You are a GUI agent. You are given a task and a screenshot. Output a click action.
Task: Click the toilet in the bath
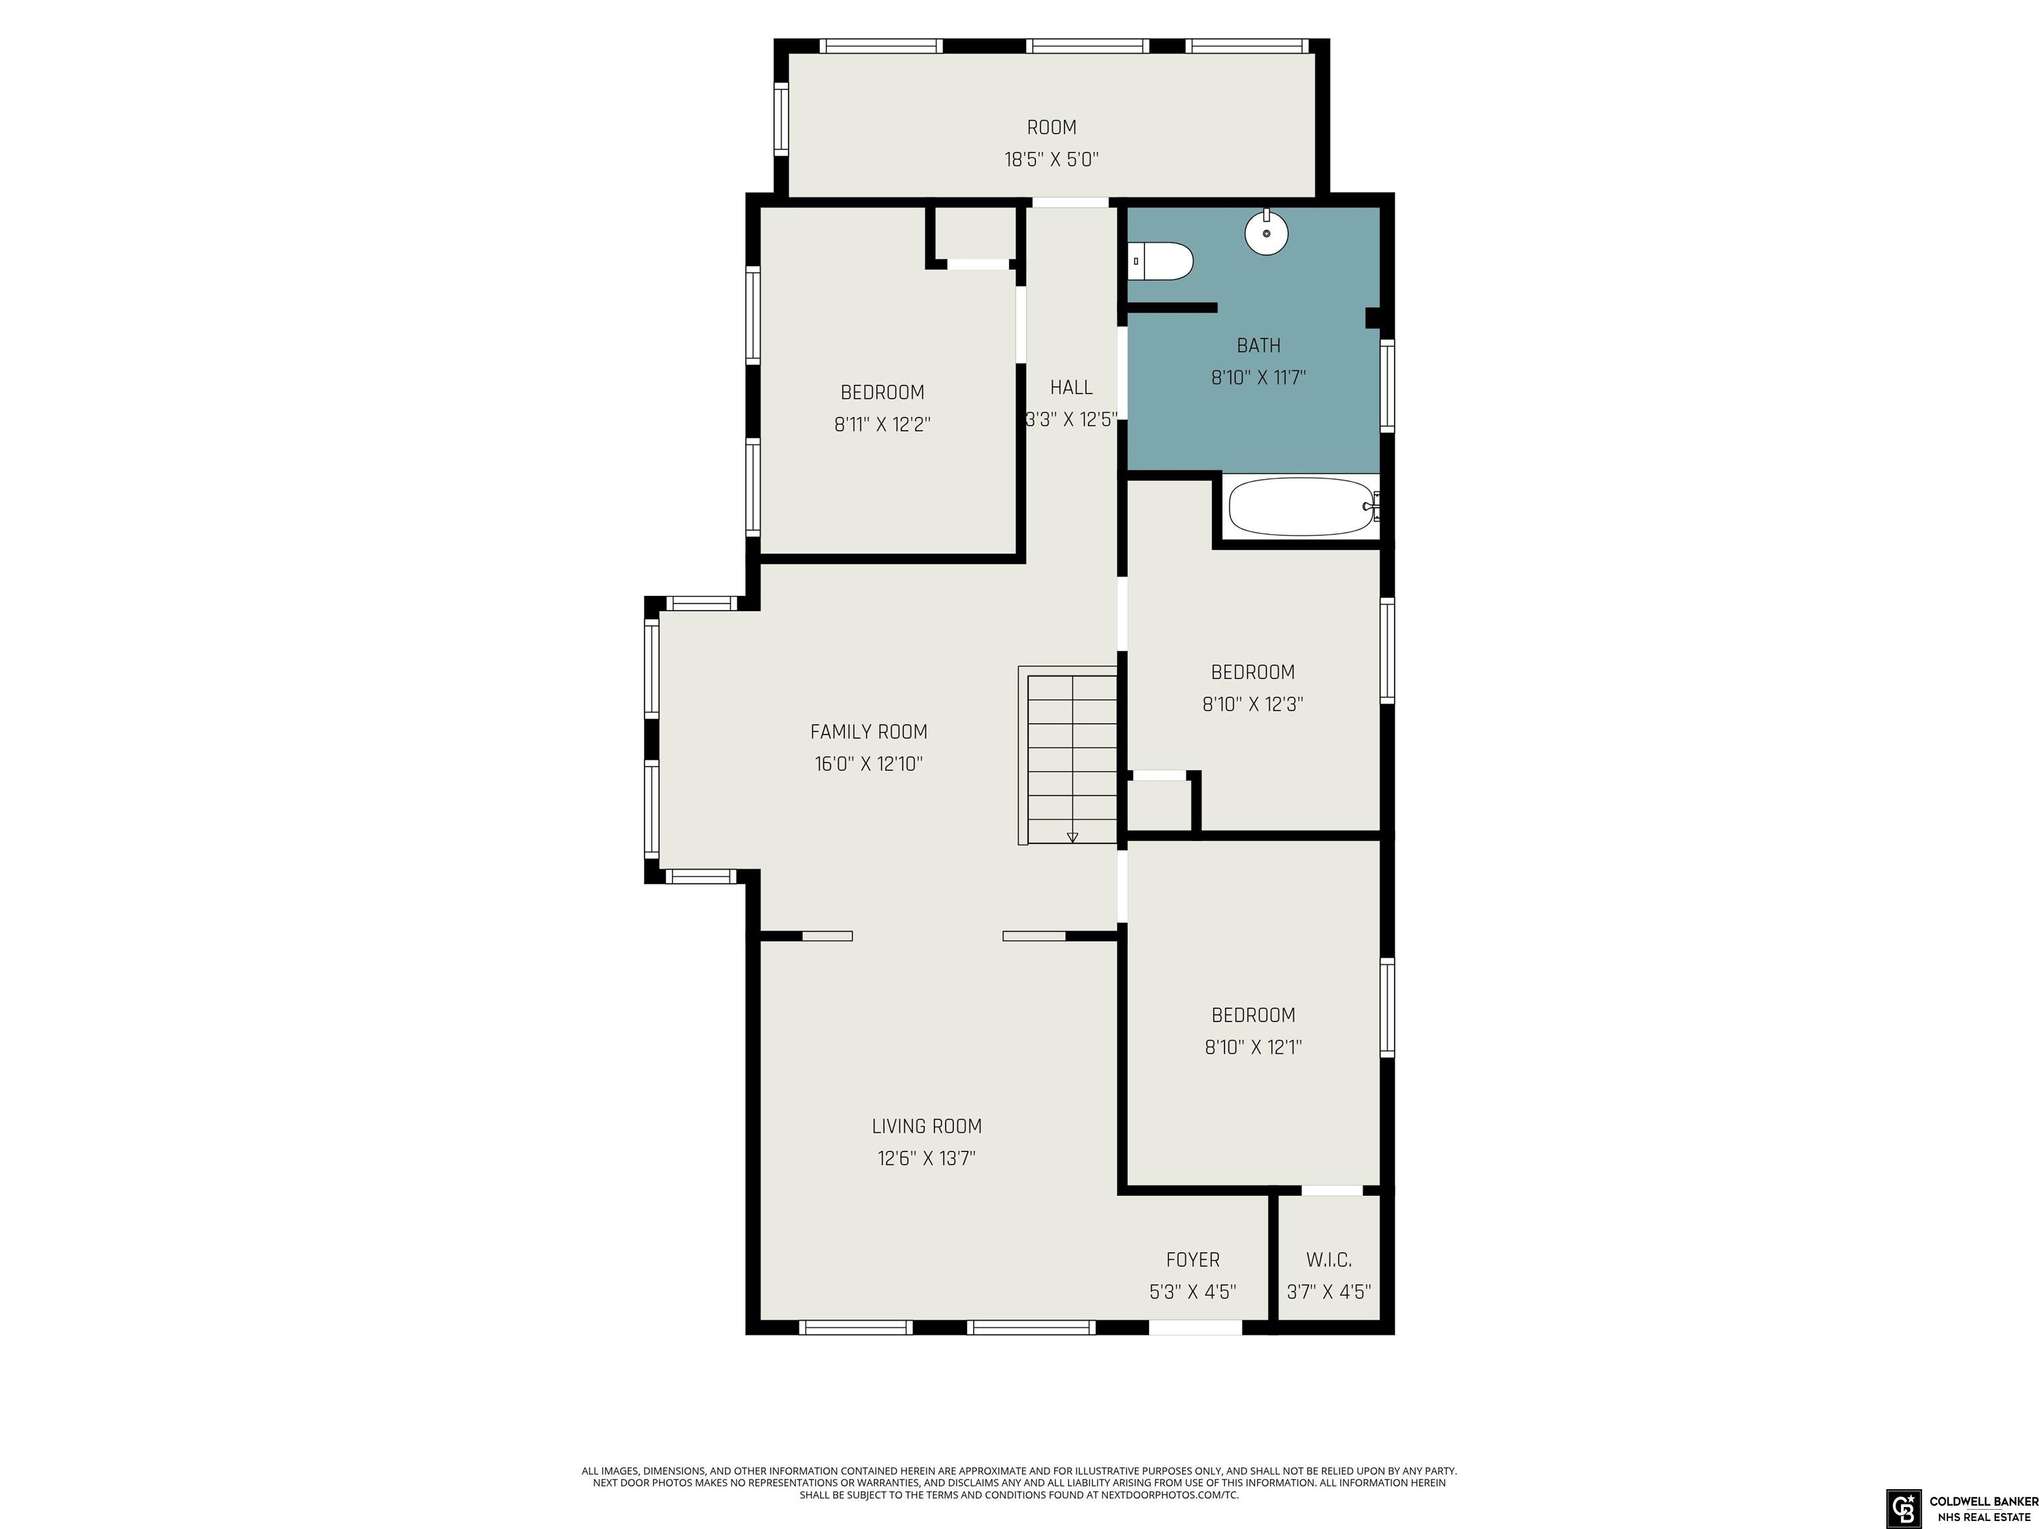click(x=1160, y=261)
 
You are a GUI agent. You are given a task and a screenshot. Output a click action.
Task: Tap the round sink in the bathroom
click(x=1266, y=232)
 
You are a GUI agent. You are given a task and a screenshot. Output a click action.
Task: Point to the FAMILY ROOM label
click(x=868, y=732)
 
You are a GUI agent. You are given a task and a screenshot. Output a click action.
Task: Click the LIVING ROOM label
click(x=927, y=1126)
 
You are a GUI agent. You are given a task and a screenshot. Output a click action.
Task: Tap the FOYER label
click(x=1193, y=1260)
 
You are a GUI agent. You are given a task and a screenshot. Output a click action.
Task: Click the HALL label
click(x=1071, y=387)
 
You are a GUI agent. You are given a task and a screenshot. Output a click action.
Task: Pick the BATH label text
click(x=1258, y=346)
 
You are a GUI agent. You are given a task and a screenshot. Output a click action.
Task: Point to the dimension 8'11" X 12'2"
click(x=882, y=425)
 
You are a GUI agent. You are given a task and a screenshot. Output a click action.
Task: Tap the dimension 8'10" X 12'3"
click(x=1252, y=704)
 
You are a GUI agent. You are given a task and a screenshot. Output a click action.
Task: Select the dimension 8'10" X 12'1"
click(x=1252, y=1047)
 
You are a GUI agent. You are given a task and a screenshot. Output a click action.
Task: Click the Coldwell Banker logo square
click(x=1902, y=1508)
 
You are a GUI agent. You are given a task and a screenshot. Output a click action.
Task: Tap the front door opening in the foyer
click(x=1195, y=1327)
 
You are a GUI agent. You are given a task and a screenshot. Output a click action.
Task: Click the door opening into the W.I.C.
click(x=1332, y=1190)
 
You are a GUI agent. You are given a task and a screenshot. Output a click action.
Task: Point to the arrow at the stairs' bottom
click(x=1072, y=837)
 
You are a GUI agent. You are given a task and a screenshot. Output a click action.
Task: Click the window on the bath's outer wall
click(x=1387, y=386)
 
